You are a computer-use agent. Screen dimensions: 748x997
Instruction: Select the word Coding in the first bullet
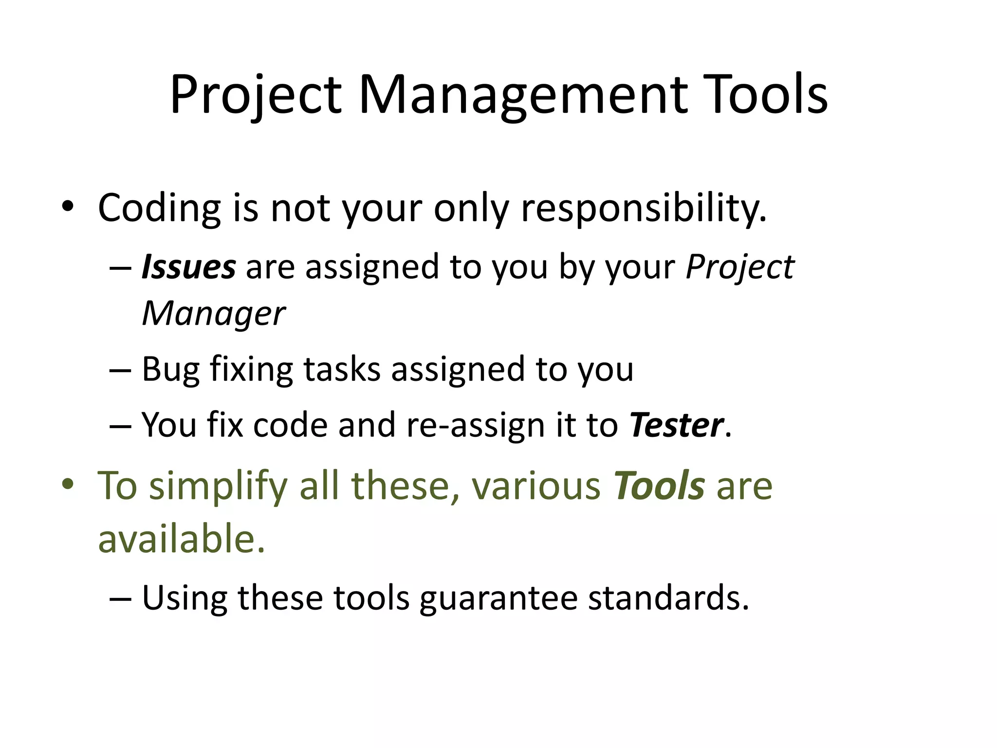[159, 208]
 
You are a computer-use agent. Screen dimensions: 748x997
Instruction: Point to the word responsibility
[644, 208]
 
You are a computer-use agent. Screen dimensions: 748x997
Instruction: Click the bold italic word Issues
[188, 267]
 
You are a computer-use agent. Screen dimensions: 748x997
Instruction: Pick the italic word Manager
[213, 313]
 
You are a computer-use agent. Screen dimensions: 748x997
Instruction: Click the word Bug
[170, 370]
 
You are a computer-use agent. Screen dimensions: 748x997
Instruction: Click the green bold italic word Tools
[659, 486]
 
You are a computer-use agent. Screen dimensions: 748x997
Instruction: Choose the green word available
[182, 540]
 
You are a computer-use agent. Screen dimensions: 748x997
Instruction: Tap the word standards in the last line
[668, 598]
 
